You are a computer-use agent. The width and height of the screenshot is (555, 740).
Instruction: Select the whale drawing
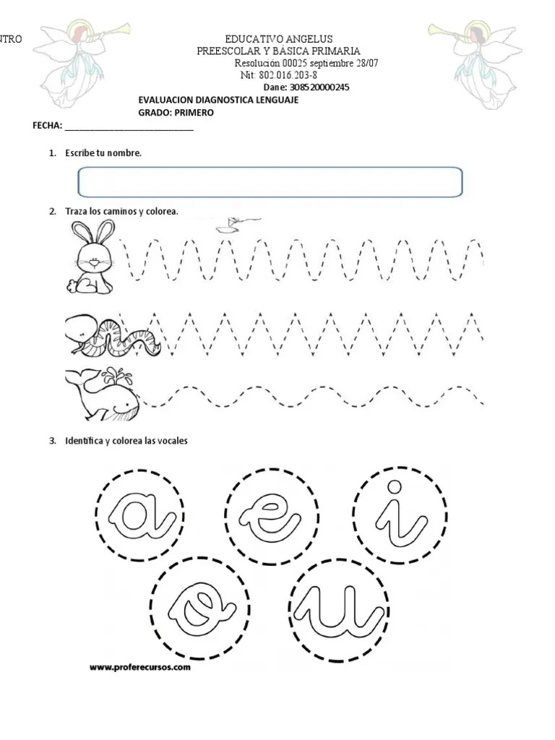[x=100, y=393]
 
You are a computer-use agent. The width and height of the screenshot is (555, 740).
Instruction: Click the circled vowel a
[x=142, y=513]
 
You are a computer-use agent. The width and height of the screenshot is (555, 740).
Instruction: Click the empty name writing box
[x=270, y=181]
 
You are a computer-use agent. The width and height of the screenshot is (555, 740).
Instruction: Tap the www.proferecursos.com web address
[x=140, y=668]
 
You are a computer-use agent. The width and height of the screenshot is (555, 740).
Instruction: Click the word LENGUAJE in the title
[x=272, y=100]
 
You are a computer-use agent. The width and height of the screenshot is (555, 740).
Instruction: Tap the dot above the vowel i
[x=395, y=486]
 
